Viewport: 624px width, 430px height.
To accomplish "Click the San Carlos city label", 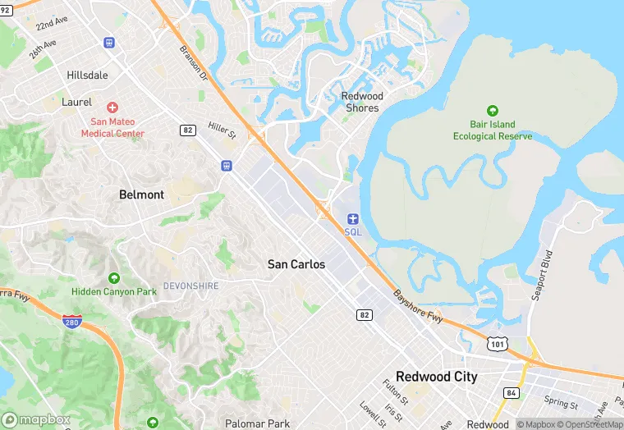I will point(296,264).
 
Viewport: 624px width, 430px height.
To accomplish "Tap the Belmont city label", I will point(141,195).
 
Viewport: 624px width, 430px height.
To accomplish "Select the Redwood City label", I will point(436,377).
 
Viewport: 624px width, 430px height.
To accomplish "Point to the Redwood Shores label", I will point(362,102).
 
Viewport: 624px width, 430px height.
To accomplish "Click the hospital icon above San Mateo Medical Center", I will point(112,107).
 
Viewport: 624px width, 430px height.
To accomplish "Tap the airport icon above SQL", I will point(352,218).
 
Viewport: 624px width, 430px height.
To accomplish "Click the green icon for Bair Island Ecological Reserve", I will point(493,111).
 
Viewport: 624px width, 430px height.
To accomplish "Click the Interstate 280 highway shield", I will point(72,320).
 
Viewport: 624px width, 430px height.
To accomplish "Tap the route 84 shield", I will point(512,393).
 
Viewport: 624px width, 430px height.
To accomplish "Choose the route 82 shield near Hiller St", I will point(188,130).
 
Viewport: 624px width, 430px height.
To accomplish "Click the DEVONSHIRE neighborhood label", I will point(190,286).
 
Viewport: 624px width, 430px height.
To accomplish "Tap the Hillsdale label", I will point(87,75).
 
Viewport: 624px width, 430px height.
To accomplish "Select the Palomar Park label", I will point(257,423).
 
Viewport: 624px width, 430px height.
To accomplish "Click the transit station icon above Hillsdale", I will point(109,43).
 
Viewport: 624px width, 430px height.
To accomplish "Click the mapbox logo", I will point(37,419).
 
